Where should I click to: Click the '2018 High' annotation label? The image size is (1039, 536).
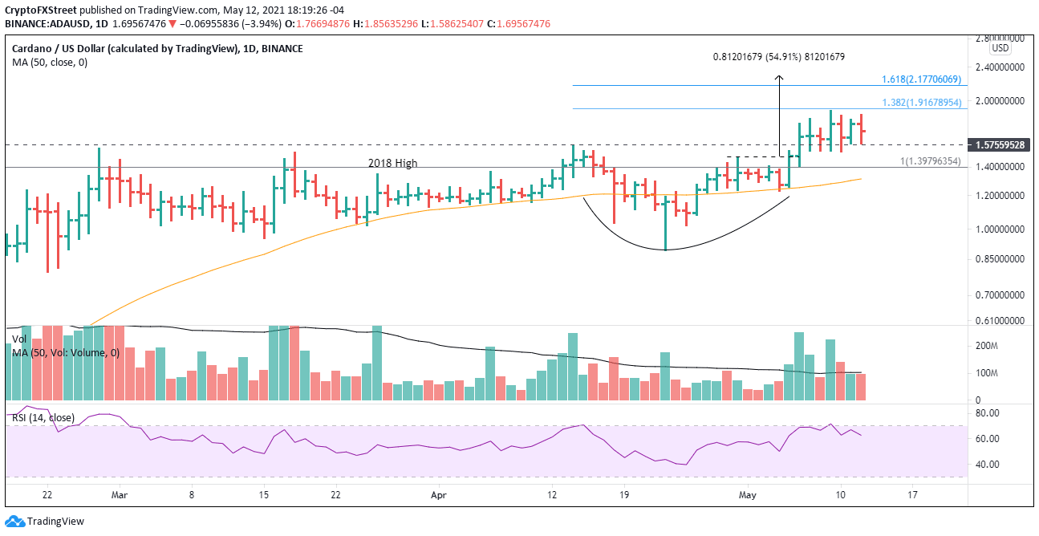pyautogui.click(x=392, y=163)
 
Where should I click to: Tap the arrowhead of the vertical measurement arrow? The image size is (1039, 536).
pyautogui.click(x=778, y=78)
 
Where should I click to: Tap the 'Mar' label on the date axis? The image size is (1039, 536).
pyautogui.click(x=119, y=496)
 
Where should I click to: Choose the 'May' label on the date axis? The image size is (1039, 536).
pyautogui.click(x=746, y=496)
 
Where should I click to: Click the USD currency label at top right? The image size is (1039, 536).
pyautogui.click(x=1000, y=47)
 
